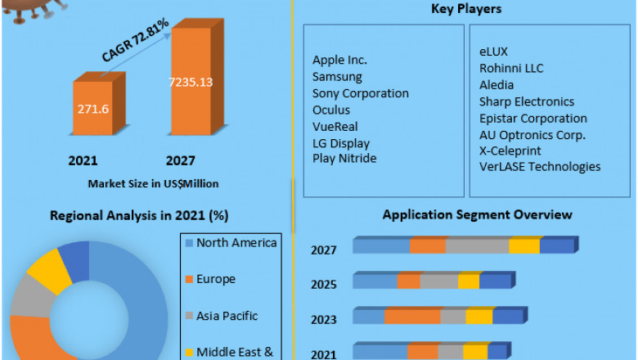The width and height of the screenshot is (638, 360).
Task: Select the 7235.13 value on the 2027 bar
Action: pos(191,81)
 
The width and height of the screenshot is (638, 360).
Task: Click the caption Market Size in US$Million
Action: pos(153,182)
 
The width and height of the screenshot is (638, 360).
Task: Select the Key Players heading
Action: pos(466,9)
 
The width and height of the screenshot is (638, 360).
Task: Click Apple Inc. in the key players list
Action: pos(339,60)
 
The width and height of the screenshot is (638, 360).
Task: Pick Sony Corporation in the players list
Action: pos(360,93)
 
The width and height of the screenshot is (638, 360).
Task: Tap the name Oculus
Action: pos(331,110)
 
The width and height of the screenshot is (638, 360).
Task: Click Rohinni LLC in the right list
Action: pos(511,69)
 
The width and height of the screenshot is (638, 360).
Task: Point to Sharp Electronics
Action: pos(527,101)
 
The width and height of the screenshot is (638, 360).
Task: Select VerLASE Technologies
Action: pos(540,167)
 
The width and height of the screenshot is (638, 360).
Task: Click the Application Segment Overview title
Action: pos(478,215)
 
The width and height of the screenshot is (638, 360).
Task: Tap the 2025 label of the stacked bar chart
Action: pos(324,286)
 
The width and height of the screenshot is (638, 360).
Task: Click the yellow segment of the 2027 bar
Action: pos(524,246)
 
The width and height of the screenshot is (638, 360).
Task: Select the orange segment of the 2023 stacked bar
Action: pos(412,317)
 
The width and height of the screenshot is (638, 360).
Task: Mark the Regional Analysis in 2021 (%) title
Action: pos(139,216)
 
